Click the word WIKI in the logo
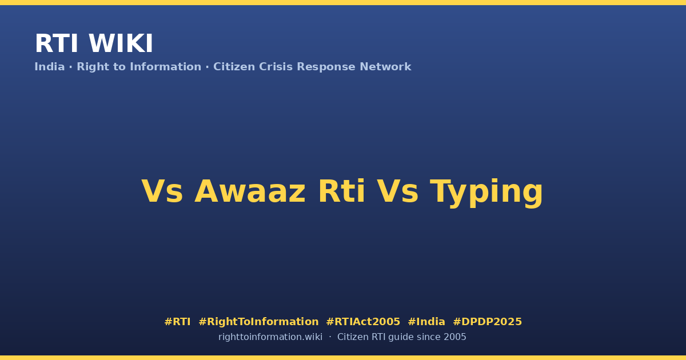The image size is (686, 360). click(121, 43)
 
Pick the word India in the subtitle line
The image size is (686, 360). click(50, 67)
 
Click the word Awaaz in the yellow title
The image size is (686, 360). click(250, 191)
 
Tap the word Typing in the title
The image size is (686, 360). click(486, 193)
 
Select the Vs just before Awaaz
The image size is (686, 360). click(162, 191)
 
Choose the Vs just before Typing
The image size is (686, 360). click(397, 191)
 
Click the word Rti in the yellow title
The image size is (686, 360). click(342, 191)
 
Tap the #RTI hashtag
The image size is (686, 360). click(177, 322)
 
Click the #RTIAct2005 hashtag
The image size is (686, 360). click(363, 322)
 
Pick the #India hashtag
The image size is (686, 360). click(426, 322)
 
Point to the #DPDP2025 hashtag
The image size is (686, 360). click(487, 322)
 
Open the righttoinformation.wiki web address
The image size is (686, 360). click(270, 337)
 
